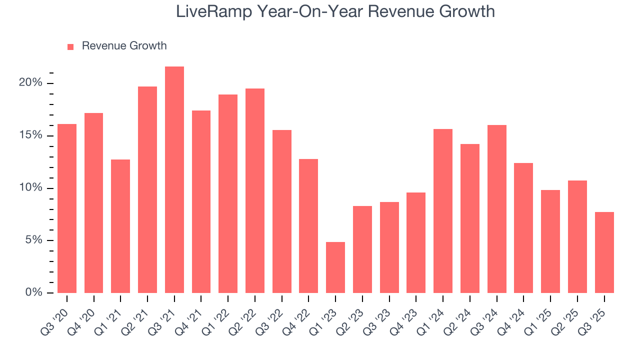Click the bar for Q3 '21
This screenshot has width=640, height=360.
click(x=174, y=179)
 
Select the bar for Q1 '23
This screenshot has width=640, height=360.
click(x=335, y=267)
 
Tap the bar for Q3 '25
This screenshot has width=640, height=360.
click(x=604, y=252)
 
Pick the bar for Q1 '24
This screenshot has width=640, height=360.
click(x=443, y=211)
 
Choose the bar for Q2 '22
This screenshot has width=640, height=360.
click(x=255, y=190)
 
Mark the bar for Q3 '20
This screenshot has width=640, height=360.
click(x=67, y=208)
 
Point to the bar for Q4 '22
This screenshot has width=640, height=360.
click(x=308, y=226)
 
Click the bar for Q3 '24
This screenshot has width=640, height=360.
click(x=496, y=209)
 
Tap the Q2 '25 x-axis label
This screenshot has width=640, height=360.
click(x=568, y=315)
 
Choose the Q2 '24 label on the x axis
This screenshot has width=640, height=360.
click(x=460, y=315)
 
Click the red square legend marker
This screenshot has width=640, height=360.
click(x=70, y=46)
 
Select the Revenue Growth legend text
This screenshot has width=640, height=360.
click(x=124, y=46)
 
